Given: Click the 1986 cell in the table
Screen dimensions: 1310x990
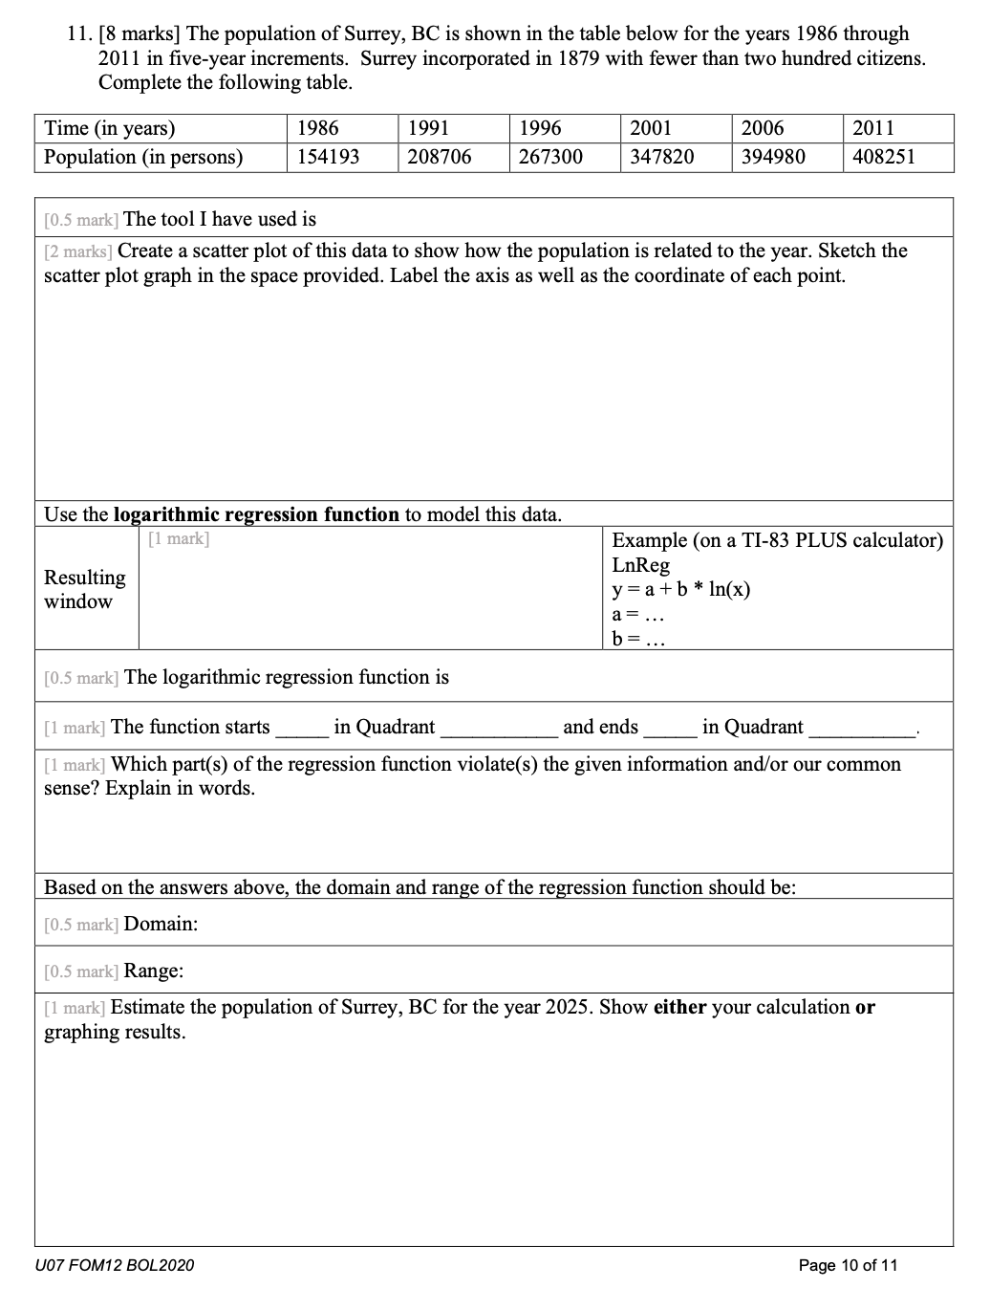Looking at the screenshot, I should coord(318,128).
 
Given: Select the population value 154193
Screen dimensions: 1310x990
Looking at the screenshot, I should coord(328,157).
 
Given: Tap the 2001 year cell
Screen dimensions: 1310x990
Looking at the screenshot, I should coord(651,128).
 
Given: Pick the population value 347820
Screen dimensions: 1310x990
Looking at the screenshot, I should coord(661,157).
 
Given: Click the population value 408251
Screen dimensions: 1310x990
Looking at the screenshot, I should coord(883,157).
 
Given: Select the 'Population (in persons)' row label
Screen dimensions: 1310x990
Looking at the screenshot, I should coord(143,157).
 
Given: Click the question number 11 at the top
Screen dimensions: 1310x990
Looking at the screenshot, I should coord(79,34).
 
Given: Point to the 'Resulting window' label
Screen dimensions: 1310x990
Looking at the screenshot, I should coord(84,589).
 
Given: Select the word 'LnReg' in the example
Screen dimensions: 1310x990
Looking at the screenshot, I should coord(640,565).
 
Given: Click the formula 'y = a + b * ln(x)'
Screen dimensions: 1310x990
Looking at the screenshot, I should coord(680,589).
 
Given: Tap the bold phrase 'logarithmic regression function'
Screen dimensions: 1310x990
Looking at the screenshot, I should coord(256,514).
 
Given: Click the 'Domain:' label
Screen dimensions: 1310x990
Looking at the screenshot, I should coord(161,924).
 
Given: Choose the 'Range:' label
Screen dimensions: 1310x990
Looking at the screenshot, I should coord(154,971).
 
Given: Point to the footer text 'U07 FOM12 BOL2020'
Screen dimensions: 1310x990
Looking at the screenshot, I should coord(114,1265).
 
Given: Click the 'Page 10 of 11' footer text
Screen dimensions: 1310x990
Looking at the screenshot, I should coord(848,1265).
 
